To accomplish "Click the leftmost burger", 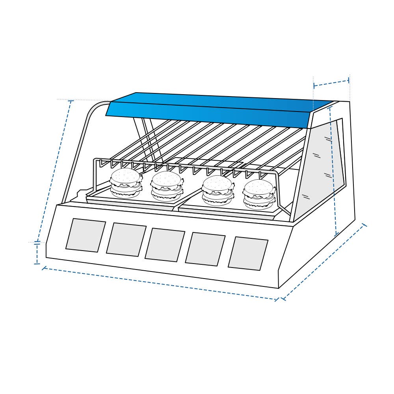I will tap(126, 183).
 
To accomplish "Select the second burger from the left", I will tap(167, 186).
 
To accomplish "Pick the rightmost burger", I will tap(259, 194).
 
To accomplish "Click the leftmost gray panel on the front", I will tap(85, 235).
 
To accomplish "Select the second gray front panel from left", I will tap(126, 240).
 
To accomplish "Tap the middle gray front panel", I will tap(165, 245).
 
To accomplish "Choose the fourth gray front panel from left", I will tap(205, 249).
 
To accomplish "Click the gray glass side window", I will tap(321, 165).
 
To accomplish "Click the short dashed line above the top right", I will tap(331, 83).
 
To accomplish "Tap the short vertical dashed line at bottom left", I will tap(37, 253).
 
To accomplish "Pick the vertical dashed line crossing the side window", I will tap(333, 169).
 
